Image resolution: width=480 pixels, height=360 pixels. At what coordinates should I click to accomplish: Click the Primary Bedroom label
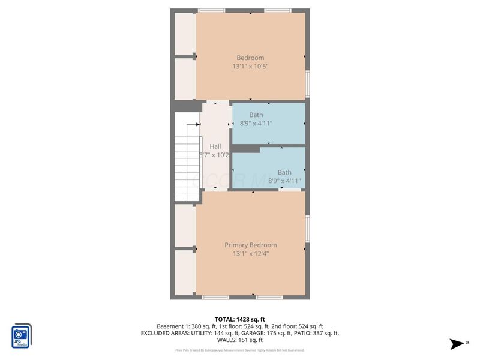tap(251, 245)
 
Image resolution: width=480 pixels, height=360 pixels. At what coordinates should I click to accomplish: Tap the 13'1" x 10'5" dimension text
tap(251, 67)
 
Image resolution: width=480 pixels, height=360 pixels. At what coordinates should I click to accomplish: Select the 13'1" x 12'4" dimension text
tap(251, 254)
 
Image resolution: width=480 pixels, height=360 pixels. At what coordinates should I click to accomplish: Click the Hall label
tap(215, 146)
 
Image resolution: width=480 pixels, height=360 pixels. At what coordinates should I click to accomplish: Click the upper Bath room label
tap(256, 115)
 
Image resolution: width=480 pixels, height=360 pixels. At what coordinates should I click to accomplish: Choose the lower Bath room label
tap(284, 172)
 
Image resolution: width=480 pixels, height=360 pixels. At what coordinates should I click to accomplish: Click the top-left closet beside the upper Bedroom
tap(184, 34)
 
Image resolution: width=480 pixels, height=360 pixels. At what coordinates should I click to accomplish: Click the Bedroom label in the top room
tap(250, 58)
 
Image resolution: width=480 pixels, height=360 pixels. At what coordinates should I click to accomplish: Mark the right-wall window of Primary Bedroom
tap(307, 228)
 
